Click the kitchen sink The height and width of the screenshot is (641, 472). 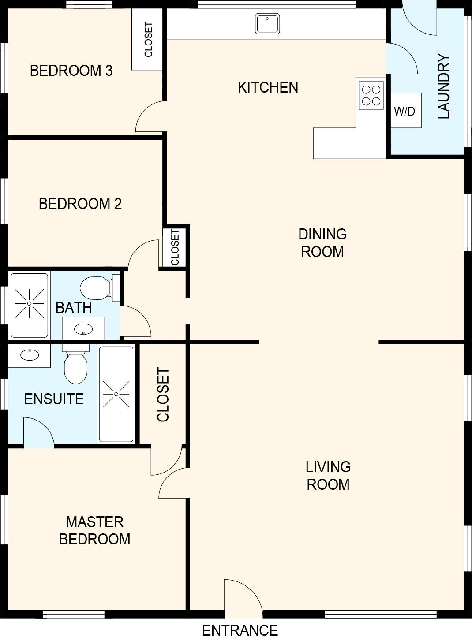click(267, 24)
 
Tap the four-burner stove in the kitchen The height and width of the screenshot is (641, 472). click(371, 95)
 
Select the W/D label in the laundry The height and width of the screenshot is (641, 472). click(405, 112)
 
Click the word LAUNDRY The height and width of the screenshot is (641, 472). click(444, 86)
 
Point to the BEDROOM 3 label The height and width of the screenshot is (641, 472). click(71, 71)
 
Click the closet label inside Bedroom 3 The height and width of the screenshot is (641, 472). click(148, 40)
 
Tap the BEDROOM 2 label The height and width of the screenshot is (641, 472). click(80, 204)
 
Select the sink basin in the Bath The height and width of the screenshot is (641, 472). click(83, 329)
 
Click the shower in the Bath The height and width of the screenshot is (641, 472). click(29, 306)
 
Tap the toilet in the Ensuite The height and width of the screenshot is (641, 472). click(75, 364)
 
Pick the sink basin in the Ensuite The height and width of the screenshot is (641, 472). click(30, 355)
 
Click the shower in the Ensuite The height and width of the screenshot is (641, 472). click(116, 394)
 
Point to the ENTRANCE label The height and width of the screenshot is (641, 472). click(240, 630)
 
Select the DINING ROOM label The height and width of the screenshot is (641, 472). click(322, 242)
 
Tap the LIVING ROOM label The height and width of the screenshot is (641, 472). click(328, 475)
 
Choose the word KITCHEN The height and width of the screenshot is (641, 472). click(268, 87)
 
